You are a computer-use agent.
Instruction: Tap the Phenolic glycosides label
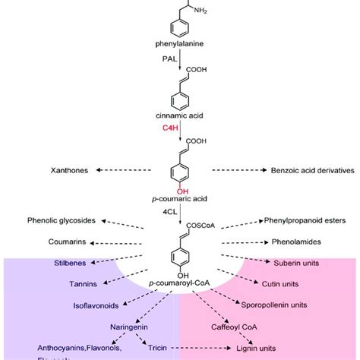(x=62, y=221)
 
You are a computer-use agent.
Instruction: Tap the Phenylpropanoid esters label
(x=299, y=221)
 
